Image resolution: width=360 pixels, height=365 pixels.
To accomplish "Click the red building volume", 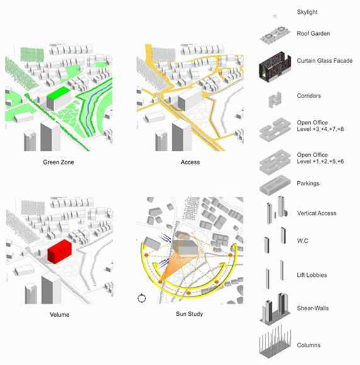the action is point(60,251).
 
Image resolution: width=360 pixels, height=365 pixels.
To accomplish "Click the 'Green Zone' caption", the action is point(59,162).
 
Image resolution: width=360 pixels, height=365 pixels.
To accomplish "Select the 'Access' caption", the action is point(190,162).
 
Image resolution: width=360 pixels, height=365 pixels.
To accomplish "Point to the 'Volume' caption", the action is point(60,315).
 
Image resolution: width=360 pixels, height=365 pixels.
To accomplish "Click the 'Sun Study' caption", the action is point(189,314).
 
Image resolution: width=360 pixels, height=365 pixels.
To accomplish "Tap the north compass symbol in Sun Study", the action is point(142,298).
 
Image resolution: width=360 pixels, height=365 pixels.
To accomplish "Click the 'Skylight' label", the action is point(307,12).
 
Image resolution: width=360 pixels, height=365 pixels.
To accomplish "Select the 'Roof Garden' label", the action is point(313,33).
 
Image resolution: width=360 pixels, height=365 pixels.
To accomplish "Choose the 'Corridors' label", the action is point(309,96).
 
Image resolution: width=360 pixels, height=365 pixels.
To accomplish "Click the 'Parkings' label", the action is point(308,183).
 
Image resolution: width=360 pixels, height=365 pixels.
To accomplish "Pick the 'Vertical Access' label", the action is point(317,213).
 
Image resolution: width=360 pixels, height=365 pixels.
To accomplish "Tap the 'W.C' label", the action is point(303,240).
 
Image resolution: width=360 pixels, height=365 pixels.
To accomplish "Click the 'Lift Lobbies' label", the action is point(312,275).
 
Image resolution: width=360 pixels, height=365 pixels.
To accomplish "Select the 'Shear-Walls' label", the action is point(313,308).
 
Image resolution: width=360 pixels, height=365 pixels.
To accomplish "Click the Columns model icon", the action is point(275,342).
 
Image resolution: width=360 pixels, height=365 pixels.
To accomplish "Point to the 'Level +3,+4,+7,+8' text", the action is point(320,129).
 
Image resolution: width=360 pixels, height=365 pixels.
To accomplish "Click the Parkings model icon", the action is point(275,185).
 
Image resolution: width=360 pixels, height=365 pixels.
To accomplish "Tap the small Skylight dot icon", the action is point(275,16).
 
